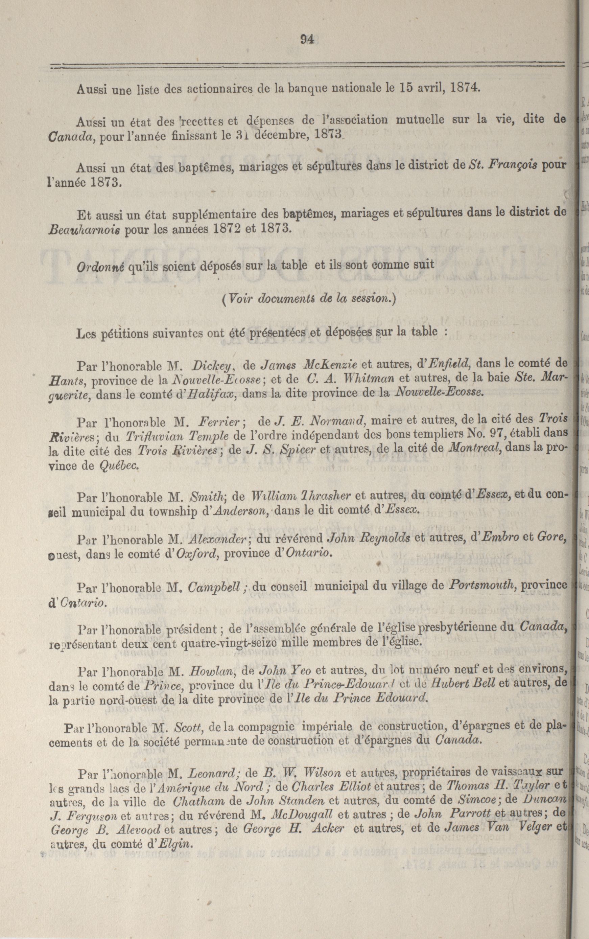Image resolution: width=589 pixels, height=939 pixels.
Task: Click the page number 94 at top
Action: [x=307, y=39]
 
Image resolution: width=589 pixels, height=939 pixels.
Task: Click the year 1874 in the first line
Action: [x=464, y=88]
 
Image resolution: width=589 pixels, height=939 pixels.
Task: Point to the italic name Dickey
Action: [x=213, y=365]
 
